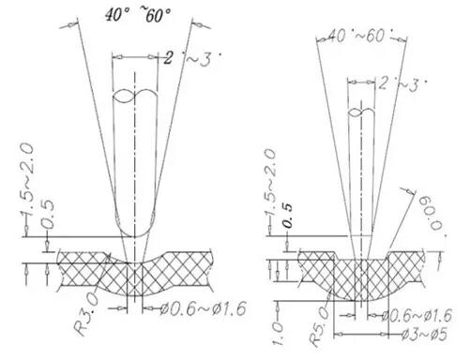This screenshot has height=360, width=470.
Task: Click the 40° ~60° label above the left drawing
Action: [138, 15]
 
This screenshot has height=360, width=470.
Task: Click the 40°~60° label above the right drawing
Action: [359, 36]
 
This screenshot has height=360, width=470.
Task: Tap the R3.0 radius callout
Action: [87, 316]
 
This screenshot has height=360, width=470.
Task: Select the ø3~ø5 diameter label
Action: [424, 335]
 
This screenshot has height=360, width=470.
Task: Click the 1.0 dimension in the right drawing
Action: [279, 334]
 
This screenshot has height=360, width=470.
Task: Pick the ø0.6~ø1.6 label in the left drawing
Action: [203, 308]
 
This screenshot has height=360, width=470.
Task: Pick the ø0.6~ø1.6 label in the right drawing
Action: [417, 316]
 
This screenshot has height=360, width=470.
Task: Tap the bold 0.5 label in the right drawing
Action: [288, 216]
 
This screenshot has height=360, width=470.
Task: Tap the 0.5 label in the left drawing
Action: [47, 215]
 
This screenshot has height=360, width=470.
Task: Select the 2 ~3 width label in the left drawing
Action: [192, 58]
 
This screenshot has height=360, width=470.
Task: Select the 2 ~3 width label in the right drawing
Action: [402, 83]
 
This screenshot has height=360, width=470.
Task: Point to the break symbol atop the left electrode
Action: [134, 97]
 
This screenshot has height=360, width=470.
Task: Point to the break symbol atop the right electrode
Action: [361, 112]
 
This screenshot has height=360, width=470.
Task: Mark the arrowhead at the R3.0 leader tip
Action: [108, 257]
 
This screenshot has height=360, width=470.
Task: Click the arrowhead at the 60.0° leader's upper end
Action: [412, 192]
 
